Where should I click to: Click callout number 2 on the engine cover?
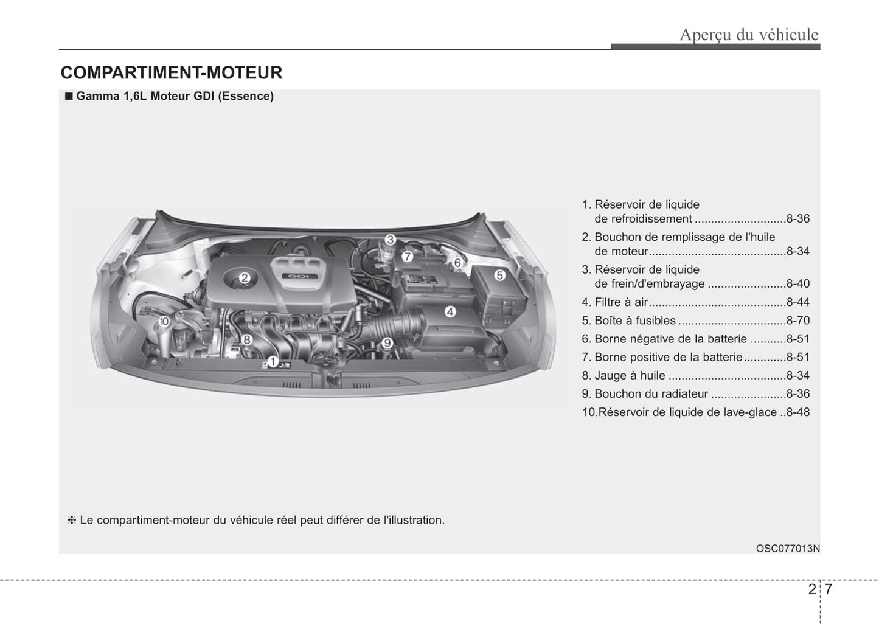(x=245, y=279)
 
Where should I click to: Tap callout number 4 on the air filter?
(x=450, y=312)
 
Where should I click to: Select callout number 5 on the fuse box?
(x=499, y=276)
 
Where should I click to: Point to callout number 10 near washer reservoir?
(x=163, y=321)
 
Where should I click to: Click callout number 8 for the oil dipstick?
(x=247, y=340)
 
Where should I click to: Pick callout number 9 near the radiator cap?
(x=386, y=343)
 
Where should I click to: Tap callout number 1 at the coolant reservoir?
(x=273, y=362)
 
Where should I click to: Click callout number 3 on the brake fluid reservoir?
(x=391, y=240)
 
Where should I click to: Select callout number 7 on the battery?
(x=408, y=256)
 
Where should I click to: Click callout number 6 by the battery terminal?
(x=457, y=262)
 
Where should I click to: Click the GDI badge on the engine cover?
(x=298, y=277)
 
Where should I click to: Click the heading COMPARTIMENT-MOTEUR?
(x=172, y=73)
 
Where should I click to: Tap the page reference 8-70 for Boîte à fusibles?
(x=797, y=321)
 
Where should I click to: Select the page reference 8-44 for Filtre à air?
(x=797, y=302)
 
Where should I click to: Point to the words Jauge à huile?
(x=630, y=376)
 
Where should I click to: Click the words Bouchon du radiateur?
(x=651, y=394)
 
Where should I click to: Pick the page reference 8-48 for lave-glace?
(x=797, y=412)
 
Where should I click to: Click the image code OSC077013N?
(x=788, y=549)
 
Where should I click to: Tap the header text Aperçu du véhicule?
(x=749, y=35)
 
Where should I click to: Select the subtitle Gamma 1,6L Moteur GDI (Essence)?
(x=175, y=96)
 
